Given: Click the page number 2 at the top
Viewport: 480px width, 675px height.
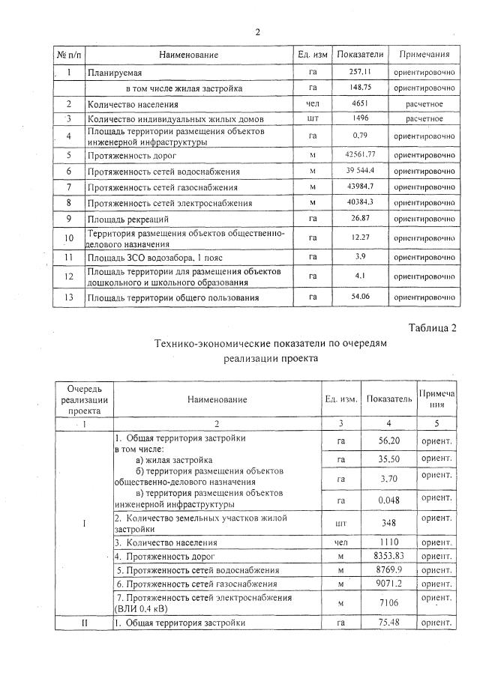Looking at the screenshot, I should pos(257,32).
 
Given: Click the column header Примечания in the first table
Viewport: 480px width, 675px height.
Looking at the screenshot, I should pos(424,55).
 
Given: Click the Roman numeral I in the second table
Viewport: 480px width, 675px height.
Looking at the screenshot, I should pos(83,523).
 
